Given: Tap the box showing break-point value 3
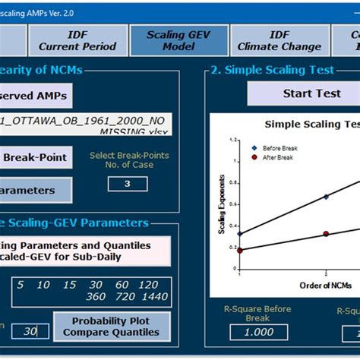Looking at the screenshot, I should point(128,184).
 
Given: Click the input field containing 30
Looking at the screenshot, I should point(30,331).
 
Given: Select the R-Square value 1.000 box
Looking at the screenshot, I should point(247,332).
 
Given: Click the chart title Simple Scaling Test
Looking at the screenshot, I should point(311,125).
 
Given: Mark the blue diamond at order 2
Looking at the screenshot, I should point(327,197).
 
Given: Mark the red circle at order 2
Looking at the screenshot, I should point(327,234).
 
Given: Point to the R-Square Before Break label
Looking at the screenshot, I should point(247,314).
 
